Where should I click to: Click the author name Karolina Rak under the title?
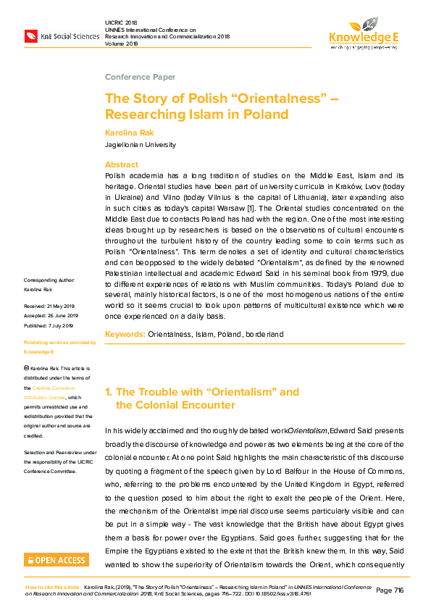pos(129,133)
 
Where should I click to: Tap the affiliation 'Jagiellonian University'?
pos(141,145)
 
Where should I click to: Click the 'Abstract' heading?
pos(121,164)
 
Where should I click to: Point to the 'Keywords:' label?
pos(125,335)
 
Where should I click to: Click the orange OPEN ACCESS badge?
pos(57,559)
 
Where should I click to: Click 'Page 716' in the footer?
pos(390,591)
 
